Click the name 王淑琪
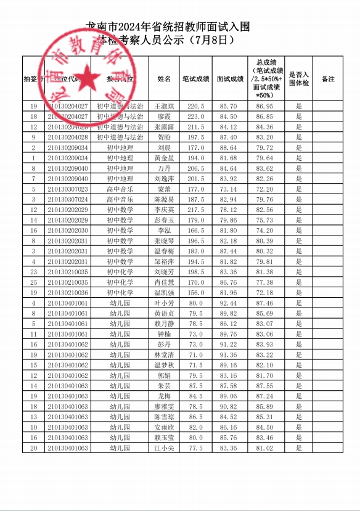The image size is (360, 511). tap(164, 106)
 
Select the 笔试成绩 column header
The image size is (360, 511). tap(195, 79)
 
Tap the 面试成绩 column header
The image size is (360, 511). tap(230, 79)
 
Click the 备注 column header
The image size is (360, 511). tap(328, 79)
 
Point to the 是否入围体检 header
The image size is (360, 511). tap(299, 79)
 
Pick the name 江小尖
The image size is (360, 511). tap(164, 448)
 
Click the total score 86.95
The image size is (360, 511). tap(265, 106)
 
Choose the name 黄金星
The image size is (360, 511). tap(164, 158)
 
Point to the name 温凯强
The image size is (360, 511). tap(164, 292)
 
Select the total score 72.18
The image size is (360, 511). tap(265, 292)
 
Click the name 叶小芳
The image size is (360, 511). tap(164, 303)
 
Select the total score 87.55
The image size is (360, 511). tap(265, 386)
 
